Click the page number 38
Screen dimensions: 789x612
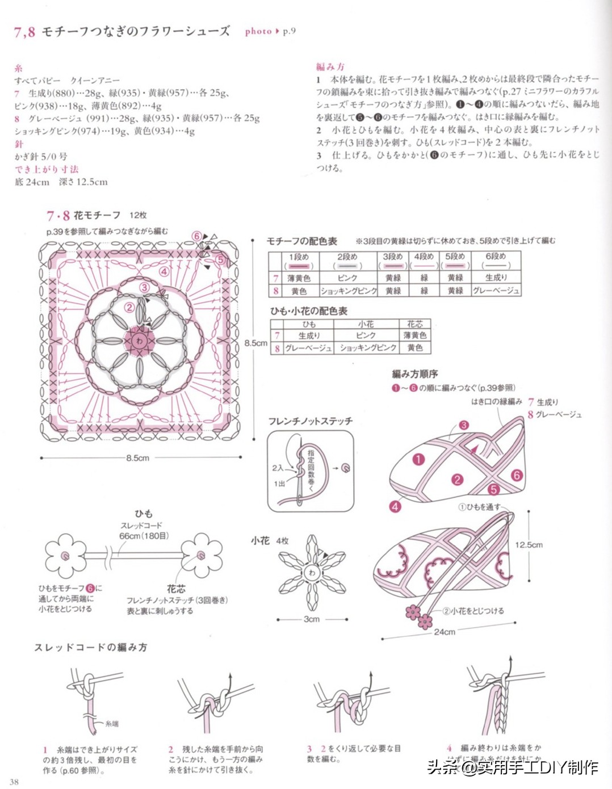click(x=14, y=782)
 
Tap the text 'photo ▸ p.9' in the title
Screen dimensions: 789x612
click(x=270, y=31)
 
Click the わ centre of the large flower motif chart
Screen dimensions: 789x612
click(x=139, y=341)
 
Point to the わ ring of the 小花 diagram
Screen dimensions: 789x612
click(x=312, y=573)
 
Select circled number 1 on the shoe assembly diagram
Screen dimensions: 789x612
click(x=418, y=459)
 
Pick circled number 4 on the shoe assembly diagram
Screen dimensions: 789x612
click(x=395, y=506)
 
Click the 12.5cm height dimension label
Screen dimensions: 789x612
click(x=529, y=544)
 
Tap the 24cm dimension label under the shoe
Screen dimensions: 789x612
click(x=444, y=632)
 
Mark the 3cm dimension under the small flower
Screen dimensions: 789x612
click(x=311, y=619)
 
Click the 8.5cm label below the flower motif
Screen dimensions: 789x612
click(x=137, y=458)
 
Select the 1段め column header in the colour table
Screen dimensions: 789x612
click(x=299, y=257)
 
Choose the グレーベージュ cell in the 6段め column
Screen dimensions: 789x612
click(x=496, y=291)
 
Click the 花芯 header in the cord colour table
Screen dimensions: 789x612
click(x=414, y=324)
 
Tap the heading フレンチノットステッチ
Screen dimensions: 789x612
click(x=310, y=421)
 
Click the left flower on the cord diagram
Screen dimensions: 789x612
click(x=65, y=555)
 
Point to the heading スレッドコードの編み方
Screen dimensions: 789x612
click(x=91, y=647)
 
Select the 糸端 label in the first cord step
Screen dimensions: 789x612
click(x=112, y=724)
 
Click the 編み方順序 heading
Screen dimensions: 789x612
click(x=414, y=373)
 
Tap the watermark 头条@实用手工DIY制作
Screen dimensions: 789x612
click(x=513, y=767)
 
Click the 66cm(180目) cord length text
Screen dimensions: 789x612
click(x=144, y=536)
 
